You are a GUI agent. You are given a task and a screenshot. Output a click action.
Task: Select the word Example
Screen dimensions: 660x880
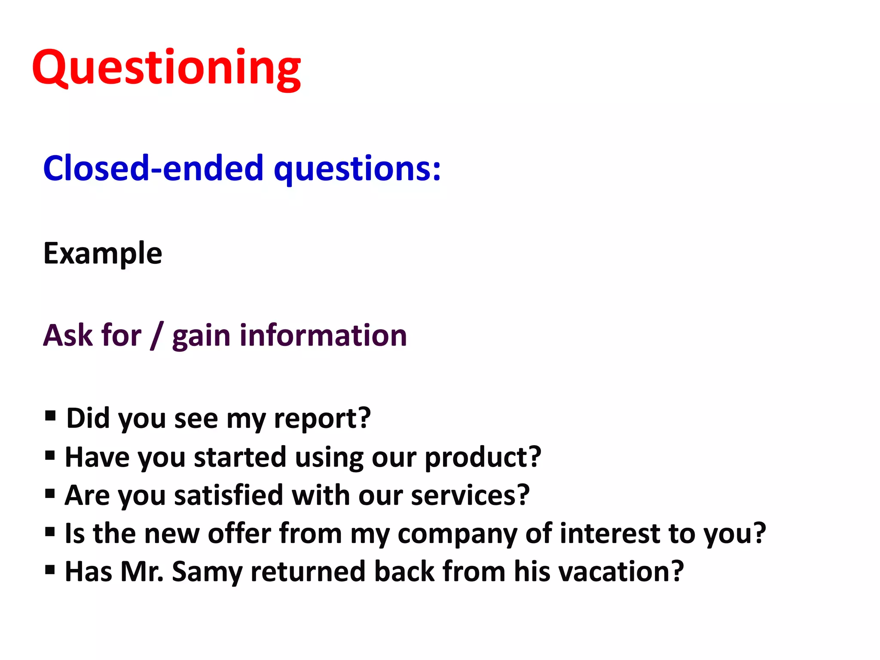[x=103, y=254]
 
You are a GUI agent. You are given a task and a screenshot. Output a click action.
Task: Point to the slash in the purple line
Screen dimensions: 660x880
[x=157, y=336]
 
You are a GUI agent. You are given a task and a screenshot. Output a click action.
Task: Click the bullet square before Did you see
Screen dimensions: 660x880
[x=50, y=416]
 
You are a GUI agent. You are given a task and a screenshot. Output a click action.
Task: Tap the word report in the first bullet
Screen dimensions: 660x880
[x=316, y=419]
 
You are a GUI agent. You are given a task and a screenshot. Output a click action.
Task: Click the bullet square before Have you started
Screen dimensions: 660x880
[x=50, y=454]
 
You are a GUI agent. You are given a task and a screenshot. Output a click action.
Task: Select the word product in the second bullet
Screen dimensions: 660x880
[x=477, y=457]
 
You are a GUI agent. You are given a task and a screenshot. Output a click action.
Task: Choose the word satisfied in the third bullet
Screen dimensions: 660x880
[x=229, y=495]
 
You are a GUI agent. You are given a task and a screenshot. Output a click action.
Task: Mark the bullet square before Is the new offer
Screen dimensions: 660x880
[x=50, y=532]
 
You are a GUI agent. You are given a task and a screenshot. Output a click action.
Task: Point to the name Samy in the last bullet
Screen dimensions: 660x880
[x=207, y=572]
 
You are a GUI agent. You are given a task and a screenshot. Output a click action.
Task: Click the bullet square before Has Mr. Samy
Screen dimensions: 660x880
[x=50, y=570]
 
